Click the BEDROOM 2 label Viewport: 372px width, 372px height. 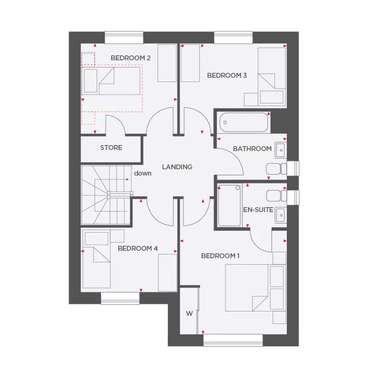click(x=130, y=58)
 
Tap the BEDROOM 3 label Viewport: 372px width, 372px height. click(x=227, y=75)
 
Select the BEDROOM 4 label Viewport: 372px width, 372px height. click(x=138, y=248)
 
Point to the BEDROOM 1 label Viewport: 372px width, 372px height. click(x=220, y=256)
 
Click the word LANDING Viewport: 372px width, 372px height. click(x=177, y=167)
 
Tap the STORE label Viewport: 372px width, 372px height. click(x=111, y=148)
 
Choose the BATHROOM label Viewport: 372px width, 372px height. click(x=252, y=148)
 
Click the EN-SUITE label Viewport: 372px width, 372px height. click(x=258, y=210)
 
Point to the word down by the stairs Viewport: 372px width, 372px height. click(x=143, y=173)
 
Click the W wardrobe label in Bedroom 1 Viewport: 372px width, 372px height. click(x=189, y=313)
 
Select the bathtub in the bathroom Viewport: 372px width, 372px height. click(x=244, y=122)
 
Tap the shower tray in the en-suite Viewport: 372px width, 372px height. click(x=229, y=205)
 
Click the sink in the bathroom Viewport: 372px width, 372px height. click(x=280, y=149)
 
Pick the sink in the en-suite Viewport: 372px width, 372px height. click(x=280, y=215)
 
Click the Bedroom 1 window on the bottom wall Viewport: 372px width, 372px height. click(x=233, y=340)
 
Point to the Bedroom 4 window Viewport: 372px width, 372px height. click(x=120, y=298)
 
